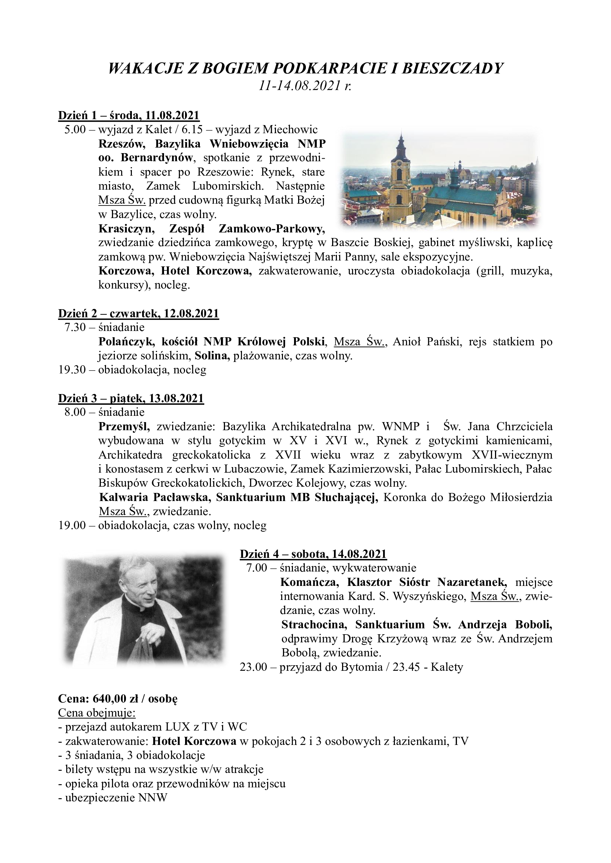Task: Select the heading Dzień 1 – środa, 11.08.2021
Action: [129, 115]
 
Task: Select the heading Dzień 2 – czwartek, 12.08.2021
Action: [139, 313]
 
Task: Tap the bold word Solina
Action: [212, 356]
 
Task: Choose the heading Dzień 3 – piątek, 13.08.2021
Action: [131, 398]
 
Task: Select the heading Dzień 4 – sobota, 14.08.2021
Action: [313, 554]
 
